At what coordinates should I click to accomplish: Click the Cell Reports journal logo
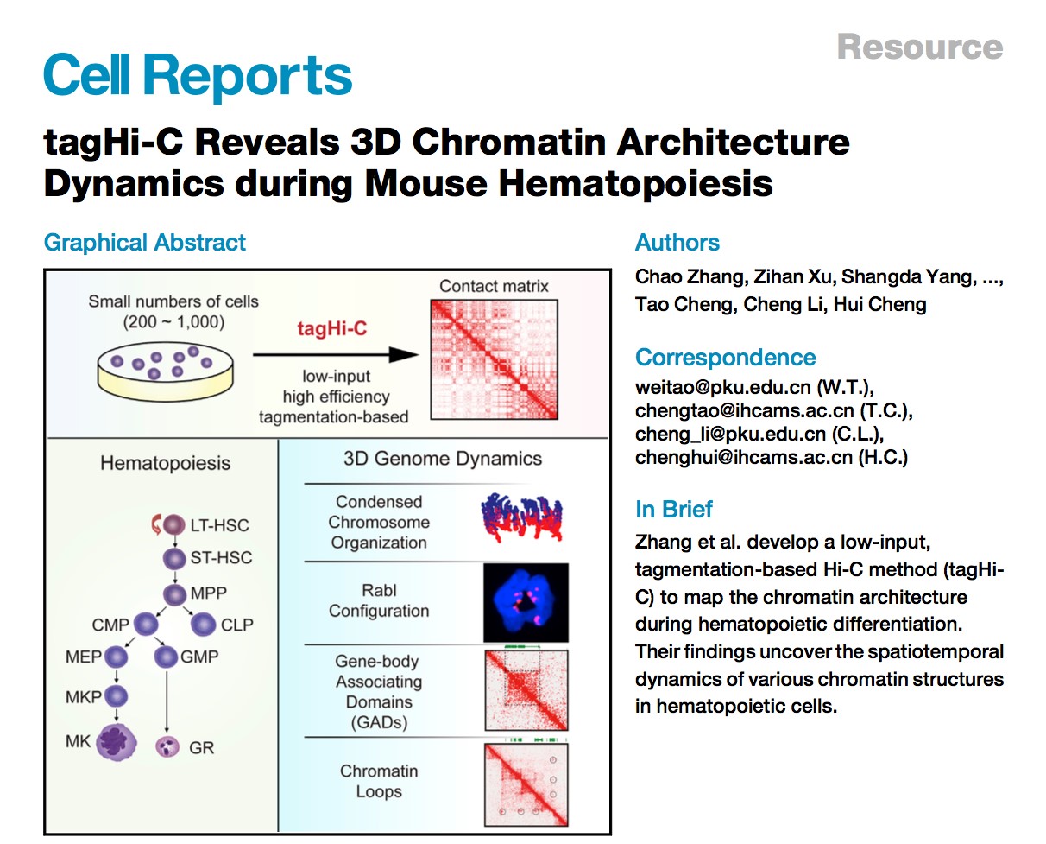[x=198, y=76]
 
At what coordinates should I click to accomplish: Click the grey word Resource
[x=919, y=47]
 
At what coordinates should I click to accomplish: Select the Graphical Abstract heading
[x=144, y=243]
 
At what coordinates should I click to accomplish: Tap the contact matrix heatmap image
[x=493, y=359]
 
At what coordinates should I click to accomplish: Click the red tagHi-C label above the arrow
[x=330, y=329]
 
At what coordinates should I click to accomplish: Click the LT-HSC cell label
[x=219, y=524]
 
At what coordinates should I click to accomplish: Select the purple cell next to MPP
[x=176, y=594]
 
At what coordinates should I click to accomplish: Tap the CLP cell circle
[x=205, y=624]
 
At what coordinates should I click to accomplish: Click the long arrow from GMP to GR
[x=165, y=700]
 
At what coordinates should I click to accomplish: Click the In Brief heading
[x=674, y=510]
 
